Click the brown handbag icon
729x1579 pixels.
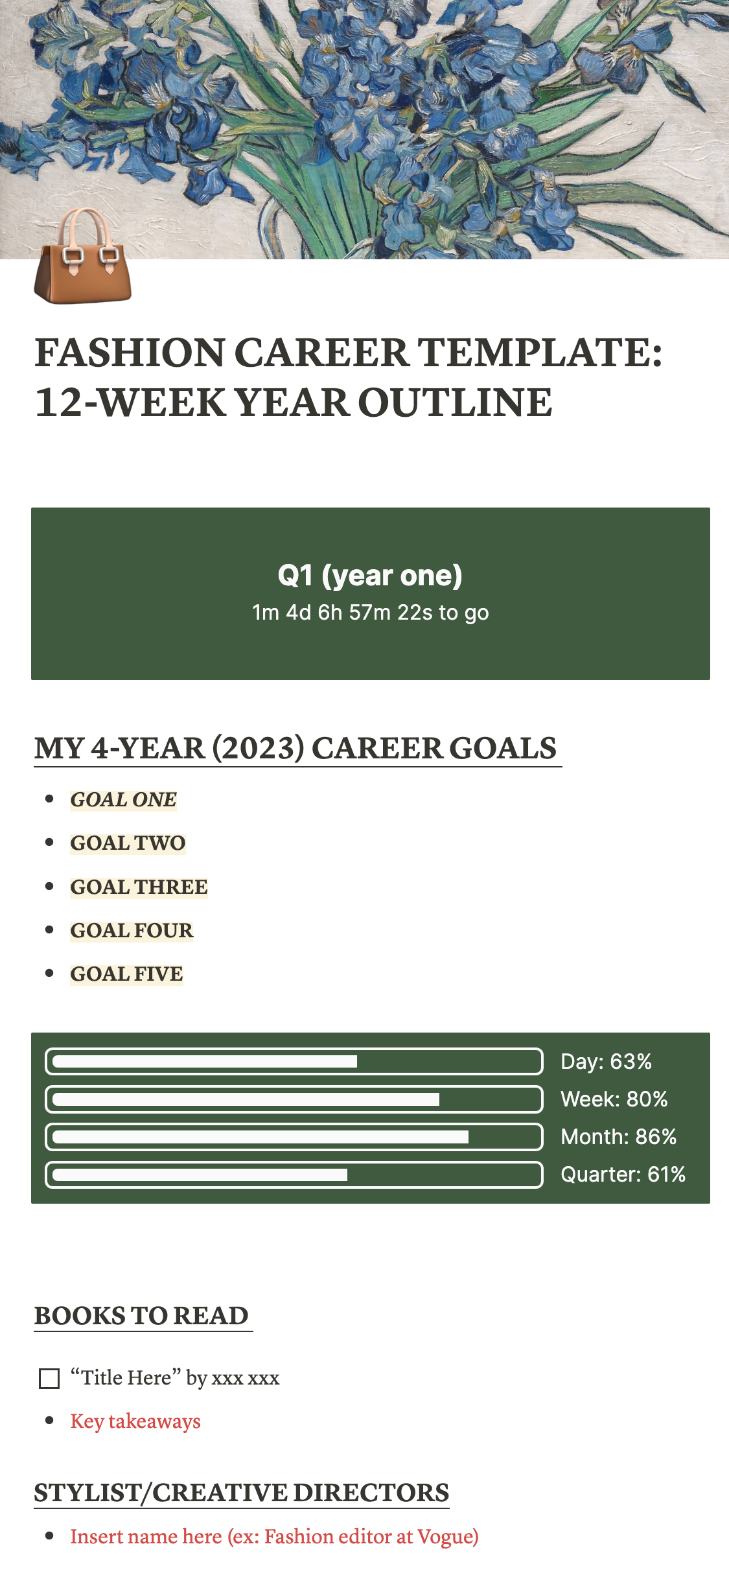[x=82, y=256]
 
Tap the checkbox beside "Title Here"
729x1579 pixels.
[x=49, y=1378]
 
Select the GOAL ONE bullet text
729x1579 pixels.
[x=123, y=799]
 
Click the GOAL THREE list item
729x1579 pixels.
[x=139, y=887]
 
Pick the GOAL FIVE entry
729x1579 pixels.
[x=126, y=974]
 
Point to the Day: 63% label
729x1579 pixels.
[x=606, y=1061]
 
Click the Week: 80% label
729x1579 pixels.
[x=614, y=1099]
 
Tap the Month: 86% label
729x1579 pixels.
[x=618, y=1136]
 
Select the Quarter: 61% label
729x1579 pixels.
[x=623, y=1174]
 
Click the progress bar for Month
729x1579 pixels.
[x=294, y=1137]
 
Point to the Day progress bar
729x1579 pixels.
[x=294, y=1061]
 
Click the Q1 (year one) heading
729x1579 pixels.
[x=370, y=575]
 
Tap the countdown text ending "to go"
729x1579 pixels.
[x=370, y=613]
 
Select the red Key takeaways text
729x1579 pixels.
[x=135, y=1421]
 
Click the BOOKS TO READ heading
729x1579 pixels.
[x=141, y=1316]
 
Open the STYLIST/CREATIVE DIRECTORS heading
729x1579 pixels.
[x=242, y=1492]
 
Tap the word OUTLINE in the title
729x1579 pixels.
[x=455, y=403]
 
